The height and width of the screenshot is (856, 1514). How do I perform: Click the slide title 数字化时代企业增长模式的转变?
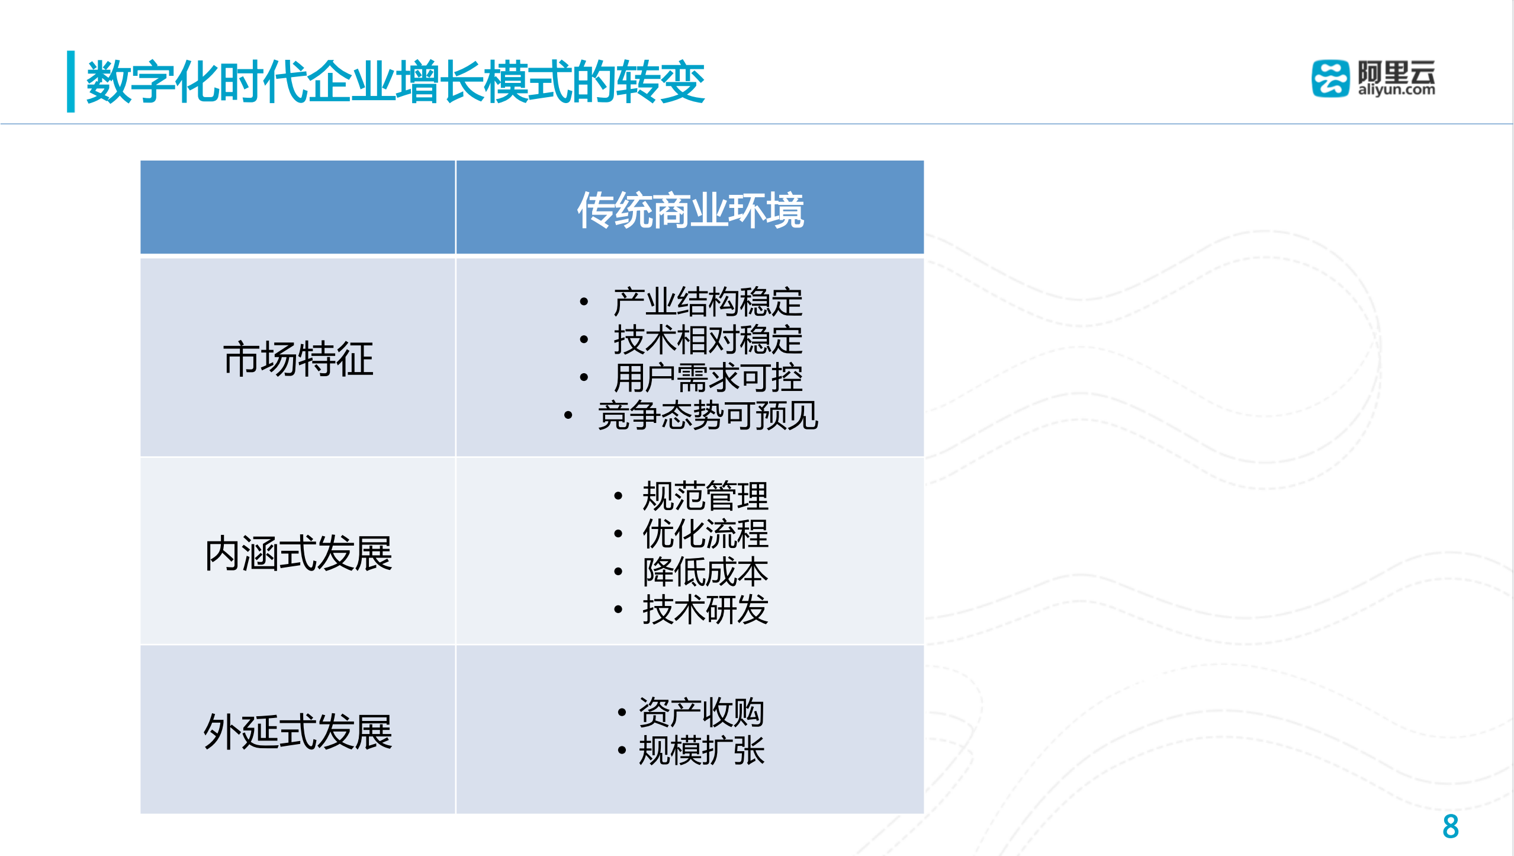click(x=395, y=82)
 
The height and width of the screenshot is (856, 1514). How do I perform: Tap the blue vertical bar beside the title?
click(x=70, y=81)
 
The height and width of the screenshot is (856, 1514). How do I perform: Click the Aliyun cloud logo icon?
click(x=1330, y=78)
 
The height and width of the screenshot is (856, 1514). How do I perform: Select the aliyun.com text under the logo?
click(x=1396, y=90)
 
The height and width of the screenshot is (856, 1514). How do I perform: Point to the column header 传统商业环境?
click(x=690, y=210)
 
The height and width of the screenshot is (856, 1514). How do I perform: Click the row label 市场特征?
click(x=298, y=358)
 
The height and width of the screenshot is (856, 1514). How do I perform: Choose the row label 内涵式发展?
click(x=298, y=553)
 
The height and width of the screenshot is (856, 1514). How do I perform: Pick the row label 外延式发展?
click(x=298, y=732)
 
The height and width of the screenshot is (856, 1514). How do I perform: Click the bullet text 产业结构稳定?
click(x=708, y=302)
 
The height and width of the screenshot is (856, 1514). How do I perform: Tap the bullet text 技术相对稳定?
click(x=708, y=339)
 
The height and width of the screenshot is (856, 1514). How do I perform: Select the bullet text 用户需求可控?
click(x=708, y=377)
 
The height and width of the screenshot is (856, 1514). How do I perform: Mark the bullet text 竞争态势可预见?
click(x=708, y=415)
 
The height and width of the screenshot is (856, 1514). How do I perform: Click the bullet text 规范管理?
click(x=705, y=496)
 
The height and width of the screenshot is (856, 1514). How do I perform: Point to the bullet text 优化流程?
click(x=705, y=534)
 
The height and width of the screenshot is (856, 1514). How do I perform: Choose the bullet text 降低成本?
click(x=705, y=572)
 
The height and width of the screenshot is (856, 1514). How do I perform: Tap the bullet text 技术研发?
click(x=705, y=610)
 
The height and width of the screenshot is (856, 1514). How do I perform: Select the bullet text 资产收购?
click(x=701, y=712)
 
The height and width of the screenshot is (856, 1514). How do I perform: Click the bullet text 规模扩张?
click(x=701, y=751)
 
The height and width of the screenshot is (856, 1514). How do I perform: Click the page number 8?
click(x=1450, y=826)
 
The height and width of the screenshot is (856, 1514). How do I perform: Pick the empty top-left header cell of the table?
click(x=297, y=207)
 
